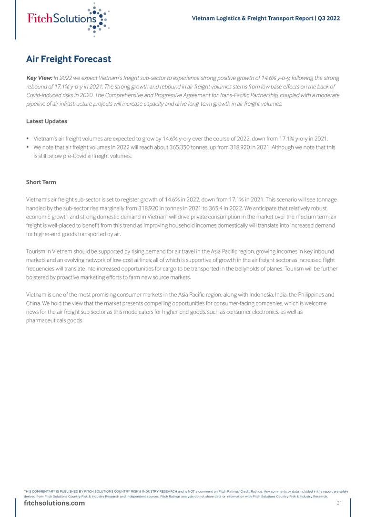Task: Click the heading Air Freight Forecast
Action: (x=68, y=59)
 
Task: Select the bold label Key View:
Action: (x=39, y=78)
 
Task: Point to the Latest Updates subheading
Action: (x=46, y=121)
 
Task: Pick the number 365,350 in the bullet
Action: (x=162, y=148)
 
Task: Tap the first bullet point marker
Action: (x=28, y=139)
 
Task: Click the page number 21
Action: (x=339, y=503)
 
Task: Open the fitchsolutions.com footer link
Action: (x=54, y=503)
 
